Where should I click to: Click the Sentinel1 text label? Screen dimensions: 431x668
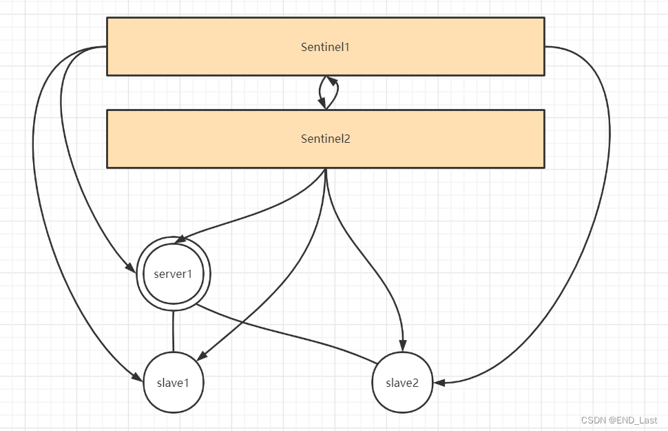pyautogui.click(x=326, y=47)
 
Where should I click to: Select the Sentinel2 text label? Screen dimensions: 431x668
pyautogui.click(x=326, y=139)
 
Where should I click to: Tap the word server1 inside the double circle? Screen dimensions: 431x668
pyautogui.click(x=173, y=274)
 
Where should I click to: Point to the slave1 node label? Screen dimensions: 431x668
pyautogui.click(x=173, y=383)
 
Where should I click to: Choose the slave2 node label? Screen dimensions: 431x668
pyautogui.click(x=402, y=383)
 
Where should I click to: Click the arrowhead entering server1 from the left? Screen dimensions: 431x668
pyautogui.click(x=130, y=267)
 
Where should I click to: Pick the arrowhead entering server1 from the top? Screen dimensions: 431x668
pyautogui.click(x=179, y=239)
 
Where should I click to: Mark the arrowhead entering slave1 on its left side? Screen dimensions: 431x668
pyautogui.click(x=137, y=376)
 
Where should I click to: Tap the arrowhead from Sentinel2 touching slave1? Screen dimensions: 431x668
pyautogui.click(x=201, y=357)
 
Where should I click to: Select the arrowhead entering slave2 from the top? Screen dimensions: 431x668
pyautogui.click(x=403, y=347)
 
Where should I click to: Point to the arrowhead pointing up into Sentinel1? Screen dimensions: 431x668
pyautogui.click(x=332, y=80)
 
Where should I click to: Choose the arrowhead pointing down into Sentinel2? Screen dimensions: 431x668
pyautogui.click(x=322, y=103)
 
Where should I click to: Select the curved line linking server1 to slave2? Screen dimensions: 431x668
pyautogui.click(x=289, y=334)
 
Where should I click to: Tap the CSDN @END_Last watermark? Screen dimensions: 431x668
pyautogui.click(x=618, y=420)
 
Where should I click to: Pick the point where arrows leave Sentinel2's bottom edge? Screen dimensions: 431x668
pyautogui.click(x=326, y=168)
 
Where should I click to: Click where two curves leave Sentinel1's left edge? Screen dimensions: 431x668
pyautogui.click(x=106, y=47)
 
